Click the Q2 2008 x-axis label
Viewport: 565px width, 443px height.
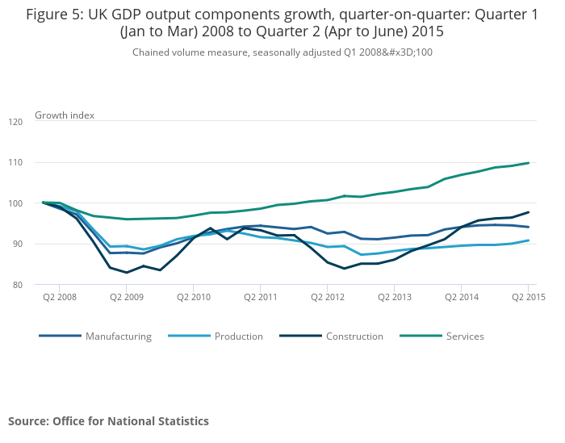click(60, 297)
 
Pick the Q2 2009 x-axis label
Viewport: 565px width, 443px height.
click(127, 297)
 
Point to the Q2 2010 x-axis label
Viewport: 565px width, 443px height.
click(194, 297)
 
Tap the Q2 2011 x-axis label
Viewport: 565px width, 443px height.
click(260, 297)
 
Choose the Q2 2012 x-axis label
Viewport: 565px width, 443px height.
click(327, 297)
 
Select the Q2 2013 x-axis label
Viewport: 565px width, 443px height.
click(394, 297)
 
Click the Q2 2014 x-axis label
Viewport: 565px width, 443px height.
click(461, 297)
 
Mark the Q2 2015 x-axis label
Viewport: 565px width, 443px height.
click(528, 297)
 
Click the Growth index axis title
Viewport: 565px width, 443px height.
click(65, 115)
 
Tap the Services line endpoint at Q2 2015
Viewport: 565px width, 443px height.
click(528, 163)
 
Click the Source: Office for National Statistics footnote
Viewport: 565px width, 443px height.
click(108, 421)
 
